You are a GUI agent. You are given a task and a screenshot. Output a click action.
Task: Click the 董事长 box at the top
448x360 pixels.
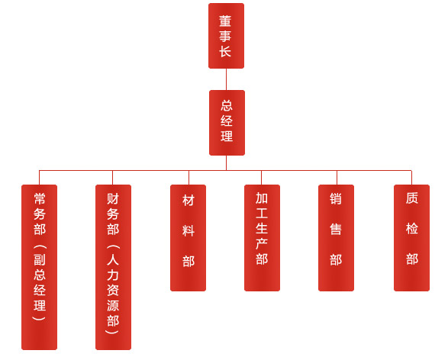click(226, 36)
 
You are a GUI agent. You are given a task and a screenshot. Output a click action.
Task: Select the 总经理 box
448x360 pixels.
click(227, 123)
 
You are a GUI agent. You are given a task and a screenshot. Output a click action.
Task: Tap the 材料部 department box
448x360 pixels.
click(188, 238)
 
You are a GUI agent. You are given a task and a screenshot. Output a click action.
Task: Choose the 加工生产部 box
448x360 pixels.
click(262, 238)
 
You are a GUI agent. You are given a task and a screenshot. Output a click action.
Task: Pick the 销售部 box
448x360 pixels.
click(337, 238)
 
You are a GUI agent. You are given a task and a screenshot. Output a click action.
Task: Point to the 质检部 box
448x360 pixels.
click(411, 238)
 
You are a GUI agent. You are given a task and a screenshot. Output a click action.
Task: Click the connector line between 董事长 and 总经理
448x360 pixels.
click(226, 79)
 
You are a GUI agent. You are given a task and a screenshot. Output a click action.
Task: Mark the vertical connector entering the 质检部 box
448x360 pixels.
click(411, 178)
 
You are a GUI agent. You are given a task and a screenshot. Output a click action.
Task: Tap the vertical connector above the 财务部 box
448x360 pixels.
click(112, 178)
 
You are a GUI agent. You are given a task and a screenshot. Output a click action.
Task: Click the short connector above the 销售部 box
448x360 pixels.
click(337, 178)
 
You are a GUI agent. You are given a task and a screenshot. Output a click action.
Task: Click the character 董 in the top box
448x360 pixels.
click(225, 21)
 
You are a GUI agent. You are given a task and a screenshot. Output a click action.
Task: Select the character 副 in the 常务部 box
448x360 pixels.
click(40, 259)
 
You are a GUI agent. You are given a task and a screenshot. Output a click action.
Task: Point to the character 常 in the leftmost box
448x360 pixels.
click(40, 198)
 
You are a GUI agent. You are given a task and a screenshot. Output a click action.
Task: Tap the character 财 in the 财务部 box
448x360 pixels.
click(113, 198)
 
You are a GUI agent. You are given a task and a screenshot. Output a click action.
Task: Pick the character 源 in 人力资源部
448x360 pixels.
click(113, 305)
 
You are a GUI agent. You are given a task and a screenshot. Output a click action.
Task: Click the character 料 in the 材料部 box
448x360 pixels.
click(189, 230)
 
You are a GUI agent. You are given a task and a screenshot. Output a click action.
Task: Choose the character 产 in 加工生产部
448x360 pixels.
click(262, 244)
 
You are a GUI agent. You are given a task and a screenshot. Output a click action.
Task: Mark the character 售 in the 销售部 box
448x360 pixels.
click(336, 229)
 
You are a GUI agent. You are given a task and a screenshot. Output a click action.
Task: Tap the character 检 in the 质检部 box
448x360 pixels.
click(412, 229)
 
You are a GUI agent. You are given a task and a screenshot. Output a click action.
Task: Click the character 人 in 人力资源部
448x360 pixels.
click(113, 259)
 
